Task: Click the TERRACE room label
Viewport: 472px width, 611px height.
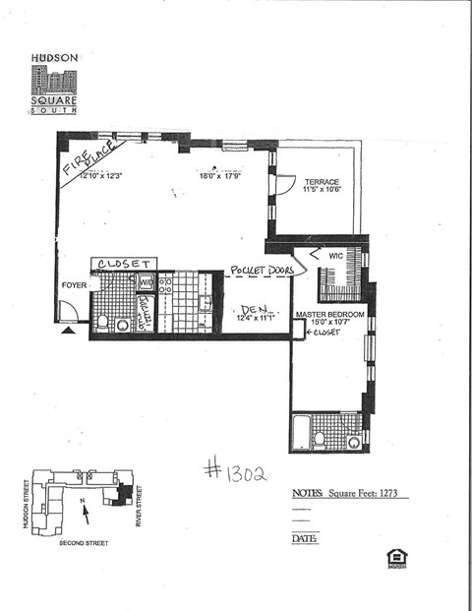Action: (x=321, y=182)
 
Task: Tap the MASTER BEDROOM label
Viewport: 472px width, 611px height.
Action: (x=330, y=314)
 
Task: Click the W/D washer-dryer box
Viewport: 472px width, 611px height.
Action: (x=146, y=282)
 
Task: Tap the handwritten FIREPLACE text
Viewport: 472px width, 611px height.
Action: (x=93, y=158)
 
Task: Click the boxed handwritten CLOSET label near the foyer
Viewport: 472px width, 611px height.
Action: (x=123, y=264)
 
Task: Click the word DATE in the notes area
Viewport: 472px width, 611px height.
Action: (x=304, y=539)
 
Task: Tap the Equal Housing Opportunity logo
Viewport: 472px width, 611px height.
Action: (x=397, y=558)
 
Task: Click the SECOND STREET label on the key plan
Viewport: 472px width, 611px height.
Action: (x=85, y=542)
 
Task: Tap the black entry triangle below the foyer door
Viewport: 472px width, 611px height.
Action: (x=68, y=333)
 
